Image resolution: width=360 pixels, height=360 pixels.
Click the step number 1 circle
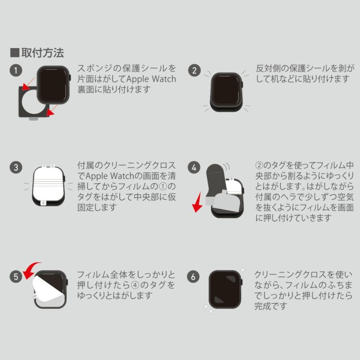pos(16,70)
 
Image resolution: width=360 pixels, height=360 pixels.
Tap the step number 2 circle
pos(194,70)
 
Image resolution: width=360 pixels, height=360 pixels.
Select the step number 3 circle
pos(16,167)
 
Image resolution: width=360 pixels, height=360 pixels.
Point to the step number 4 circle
pos(194,167)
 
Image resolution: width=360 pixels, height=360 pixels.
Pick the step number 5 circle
pos(16,276)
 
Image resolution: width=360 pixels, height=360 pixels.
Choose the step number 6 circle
pos(193,276)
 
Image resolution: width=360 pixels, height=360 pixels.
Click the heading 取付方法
pos(43,53)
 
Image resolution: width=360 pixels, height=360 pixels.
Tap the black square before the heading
pos(15,53)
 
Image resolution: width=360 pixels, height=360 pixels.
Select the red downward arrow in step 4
pos(198,203)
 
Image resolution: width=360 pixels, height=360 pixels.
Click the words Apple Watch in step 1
pos(151,79)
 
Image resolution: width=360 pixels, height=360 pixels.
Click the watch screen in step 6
pos(225,289)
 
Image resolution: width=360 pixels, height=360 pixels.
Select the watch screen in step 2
pos(226,90)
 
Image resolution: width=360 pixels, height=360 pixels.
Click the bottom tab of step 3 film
pos(43,203)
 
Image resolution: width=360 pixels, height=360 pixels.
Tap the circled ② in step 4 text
pos(259,165)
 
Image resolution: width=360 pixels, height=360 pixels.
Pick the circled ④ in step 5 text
pos(135,285)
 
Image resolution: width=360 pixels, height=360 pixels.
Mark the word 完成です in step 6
pos(270,306)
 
